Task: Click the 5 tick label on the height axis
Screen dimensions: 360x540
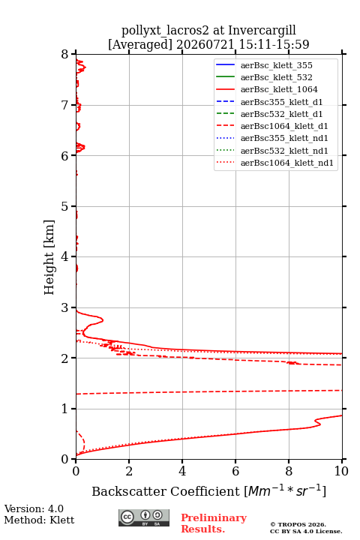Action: coord(65,206)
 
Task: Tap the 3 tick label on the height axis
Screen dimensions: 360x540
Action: coord(65,307)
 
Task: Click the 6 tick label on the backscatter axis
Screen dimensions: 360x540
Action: coord(235,471)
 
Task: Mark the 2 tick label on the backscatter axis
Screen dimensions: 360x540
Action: coord(129,471)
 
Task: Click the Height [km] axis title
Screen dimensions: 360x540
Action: coord(49,257)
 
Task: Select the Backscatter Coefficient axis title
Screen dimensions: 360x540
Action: coord(208,490)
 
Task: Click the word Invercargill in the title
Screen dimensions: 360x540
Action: coord(262,31)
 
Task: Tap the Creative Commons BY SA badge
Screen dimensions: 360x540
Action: coord(144,517)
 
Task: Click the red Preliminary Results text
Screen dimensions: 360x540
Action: coord(214,523)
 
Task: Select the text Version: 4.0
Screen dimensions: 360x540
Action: coord(34,508)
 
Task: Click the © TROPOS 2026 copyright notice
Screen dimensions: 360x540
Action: coord(298,524)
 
